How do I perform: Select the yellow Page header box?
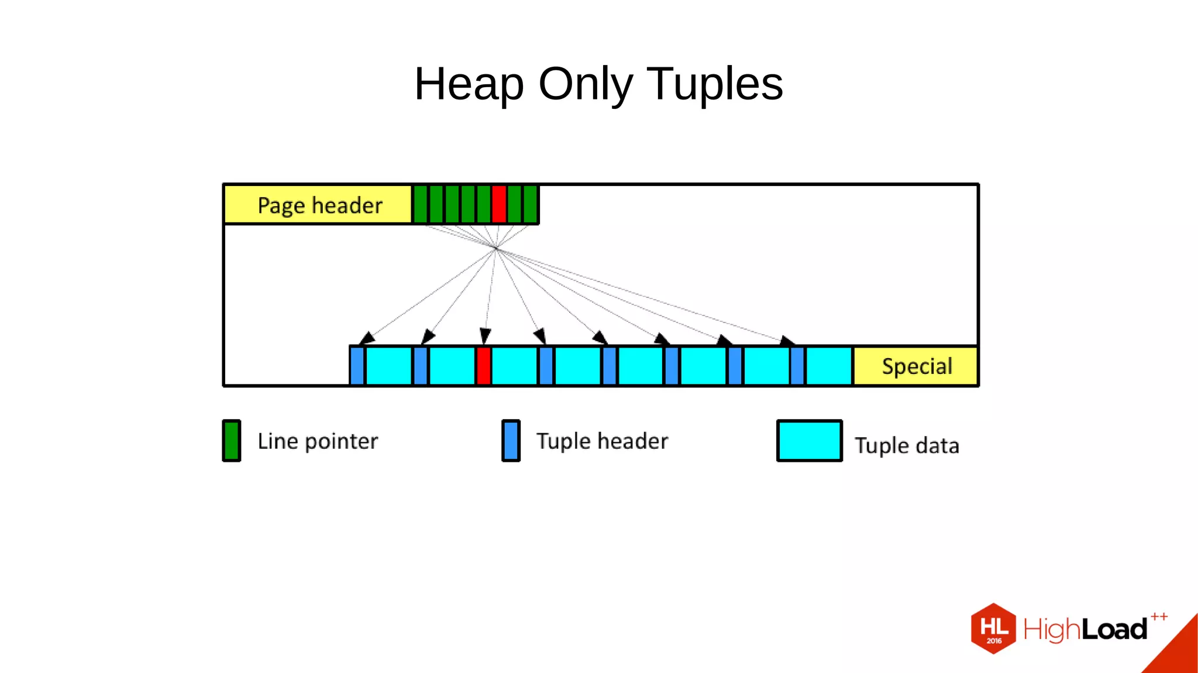pyautogui.click(x=319, y=205)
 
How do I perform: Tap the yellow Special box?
pyautogui.click(x=916, y=366)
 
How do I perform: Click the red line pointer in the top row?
pyautogui.click(x=499, y=204)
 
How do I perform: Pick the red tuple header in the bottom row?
pyautogui.click(x=483, y=366)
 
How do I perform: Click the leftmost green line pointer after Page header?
pyautogui.click(x=420, y=204)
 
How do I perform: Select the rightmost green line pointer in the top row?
pyautogui.click(x=531, y=204)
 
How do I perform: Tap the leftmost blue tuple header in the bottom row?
pyautogui.click(x=357, y=366)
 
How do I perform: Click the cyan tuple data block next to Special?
pyautogui.click(x=829, y=366)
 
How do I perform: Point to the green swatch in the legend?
pyautogui.click(x=232, y=441)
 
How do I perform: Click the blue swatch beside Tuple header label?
pyautogui.click(x=511, y=441)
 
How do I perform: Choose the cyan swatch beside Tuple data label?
pyautogui.click(x=809, y=441)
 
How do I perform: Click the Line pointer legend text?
pyautogui.click(x=318, y=441)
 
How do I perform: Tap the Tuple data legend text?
pyautogui.click(x=907, y=446)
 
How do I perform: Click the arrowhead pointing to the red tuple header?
pyautogui.click(x=485, y=336)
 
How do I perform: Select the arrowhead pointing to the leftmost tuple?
pyautogui.click(x=366, y=338)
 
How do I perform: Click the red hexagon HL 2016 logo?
pyautogui.click(x=993, y=629)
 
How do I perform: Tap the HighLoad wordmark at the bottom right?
pyautogui.click(x=1085, y=630)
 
